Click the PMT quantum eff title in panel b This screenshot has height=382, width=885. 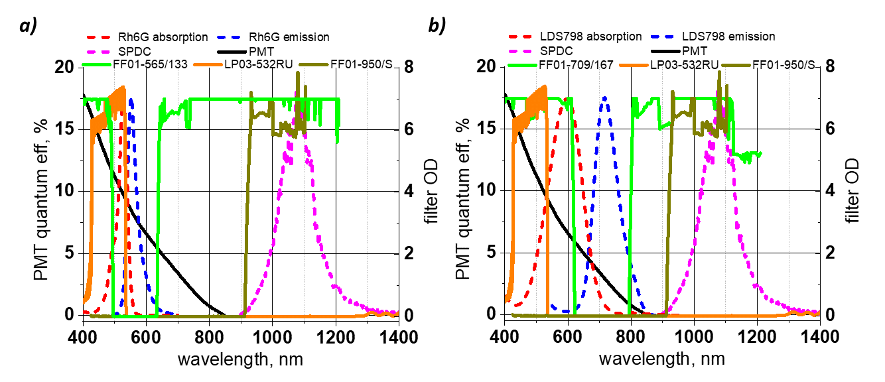[465, 192]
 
